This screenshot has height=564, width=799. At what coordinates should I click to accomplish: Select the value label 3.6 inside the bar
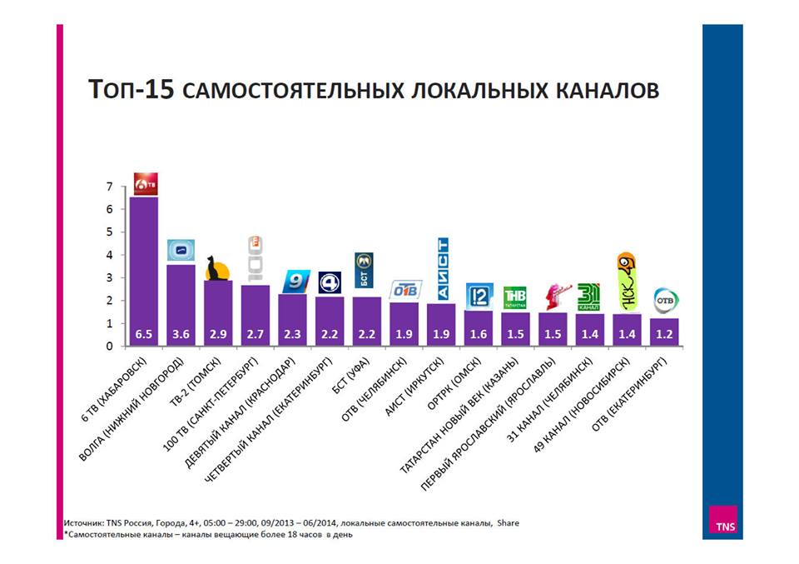point(181,333)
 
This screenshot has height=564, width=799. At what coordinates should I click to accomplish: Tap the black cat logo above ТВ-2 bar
point(217,269)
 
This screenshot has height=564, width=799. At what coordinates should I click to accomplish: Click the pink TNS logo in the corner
point(722,524)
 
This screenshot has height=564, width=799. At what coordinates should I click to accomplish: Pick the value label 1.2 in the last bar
point(664,333)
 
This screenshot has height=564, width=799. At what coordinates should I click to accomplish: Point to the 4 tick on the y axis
point(109,255)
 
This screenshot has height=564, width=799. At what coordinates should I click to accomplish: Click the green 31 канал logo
point(588,297)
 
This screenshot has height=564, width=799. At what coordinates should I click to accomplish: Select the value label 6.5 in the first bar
point(144,333)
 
